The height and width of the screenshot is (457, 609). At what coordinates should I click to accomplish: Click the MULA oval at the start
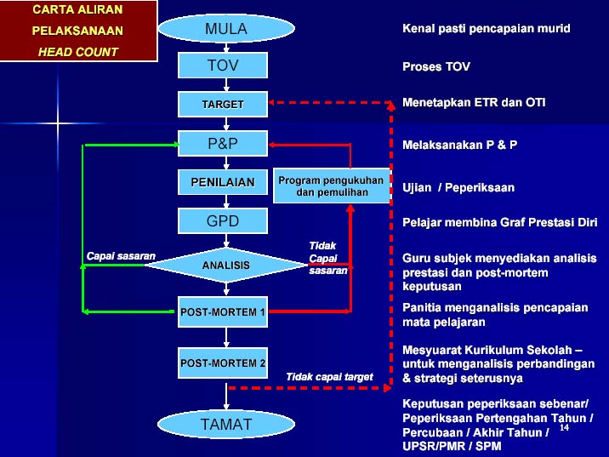pyautogui.click(x=226, y=28)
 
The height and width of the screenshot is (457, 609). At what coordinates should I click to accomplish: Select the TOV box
pyautogui.click(x=223, y=66)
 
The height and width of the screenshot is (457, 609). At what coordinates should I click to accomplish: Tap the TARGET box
pyautogui.click(x=223, y=104)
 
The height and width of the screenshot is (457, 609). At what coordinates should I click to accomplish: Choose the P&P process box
pyautogui.click(x=223, y=143)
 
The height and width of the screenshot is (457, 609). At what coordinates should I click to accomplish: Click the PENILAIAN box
pyautogui.click(x=223, y=182)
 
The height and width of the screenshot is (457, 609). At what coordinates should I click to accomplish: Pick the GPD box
pyautogui.click(x=223, y=220)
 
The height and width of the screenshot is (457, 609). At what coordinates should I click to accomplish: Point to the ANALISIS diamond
pyautogui.click(x=226, y=265)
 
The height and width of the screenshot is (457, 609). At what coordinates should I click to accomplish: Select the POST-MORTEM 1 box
pyautogui.click(x=223, y=311)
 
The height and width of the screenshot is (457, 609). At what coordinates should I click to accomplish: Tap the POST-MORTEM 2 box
pyautogui.click(x=223, y=363)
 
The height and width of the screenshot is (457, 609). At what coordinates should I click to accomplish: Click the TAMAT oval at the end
pyautogui.click(x=226, y=424)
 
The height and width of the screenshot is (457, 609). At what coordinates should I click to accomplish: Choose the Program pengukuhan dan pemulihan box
pyautogui.click(x=332, y=186)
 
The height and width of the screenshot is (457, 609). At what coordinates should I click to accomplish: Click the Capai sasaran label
pyautogui.click(x=121, y=256)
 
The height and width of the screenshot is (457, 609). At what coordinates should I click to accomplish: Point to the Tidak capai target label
pyautogui.click(x=329, y=376)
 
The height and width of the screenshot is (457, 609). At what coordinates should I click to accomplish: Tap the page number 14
pyautogui.click(x=564, y=427)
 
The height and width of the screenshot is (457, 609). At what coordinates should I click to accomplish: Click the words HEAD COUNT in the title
pyautogui.click(x=77, y=52)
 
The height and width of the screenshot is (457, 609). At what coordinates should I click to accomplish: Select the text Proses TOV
pyautogui.click(x=436, y=66)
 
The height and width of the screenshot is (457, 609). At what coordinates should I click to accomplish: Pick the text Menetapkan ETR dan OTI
pyautogui.click(x=474, y=102)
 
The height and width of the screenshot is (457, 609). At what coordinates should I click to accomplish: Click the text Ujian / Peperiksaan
pyautogui.click(x=458, y=188)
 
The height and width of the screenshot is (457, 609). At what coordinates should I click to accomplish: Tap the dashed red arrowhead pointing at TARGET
pyautogui.click(x=271, y=102)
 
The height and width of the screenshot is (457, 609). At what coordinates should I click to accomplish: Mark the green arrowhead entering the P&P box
pyautogui.click(x=176, y=145)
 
